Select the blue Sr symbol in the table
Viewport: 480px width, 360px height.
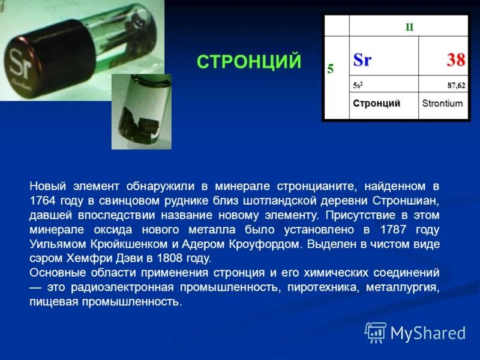click(362, 60)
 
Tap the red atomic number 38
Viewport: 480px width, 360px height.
click(455, 60)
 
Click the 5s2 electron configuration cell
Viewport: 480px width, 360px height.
click(358, 86)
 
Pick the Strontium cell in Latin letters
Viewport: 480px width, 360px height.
click(442, 103)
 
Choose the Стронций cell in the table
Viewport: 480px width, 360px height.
click(376, 103)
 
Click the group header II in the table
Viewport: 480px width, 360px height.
click(409, 27)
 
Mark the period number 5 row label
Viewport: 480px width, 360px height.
click(331, 69)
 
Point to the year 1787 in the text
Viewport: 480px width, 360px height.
click(392, 229)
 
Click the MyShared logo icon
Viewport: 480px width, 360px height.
click(376, 332)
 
